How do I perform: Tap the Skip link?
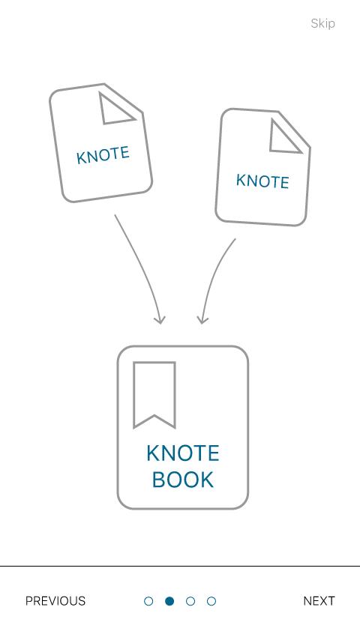coord(322,24)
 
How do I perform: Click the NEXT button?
coord(319,601)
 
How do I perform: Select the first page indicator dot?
coord(148,601)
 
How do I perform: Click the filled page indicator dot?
coord(169,601)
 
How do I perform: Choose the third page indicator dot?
coord(190,601)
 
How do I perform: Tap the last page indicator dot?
coord(211,601)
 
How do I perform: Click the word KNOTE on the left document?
coord(103,155)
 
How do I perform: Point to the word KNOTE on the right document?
coord(262,181)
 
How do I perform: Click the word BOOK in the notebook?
coord(183,480)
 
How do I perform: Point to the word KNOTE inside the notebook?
coord(183,453)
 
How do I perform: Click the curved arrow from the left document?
coord(144,265)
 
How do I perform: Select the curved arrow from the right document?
coord(212,277)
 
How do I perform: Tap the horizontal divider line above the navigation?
coord(180,566)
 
